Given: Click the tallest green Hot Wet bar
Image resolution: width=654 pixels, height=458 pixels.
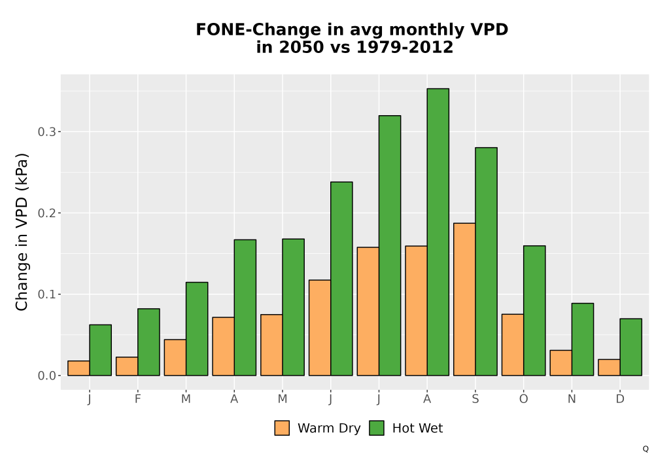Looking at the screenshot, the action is click(438, 232).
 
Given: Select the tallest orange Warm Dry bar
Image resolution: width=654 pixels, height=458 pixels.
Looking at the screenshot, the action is click(464, 299).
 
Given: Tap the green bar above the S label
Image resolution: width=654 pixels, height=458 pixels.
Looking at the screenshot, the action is click(487, 262).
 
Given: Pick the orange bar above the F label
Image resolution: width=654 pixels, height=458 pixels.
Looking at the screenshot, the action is click(127, 366).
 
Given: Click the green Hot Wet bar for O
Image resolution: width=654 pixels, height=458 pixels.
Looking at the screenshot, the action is click(534, 311).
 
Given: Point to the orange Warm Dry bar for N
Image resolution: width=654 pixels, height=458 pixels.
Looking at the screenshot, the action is click(560, 363).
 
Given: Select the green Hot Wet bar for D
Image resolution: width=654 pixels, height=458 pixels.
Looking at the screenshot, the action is click(630, 347).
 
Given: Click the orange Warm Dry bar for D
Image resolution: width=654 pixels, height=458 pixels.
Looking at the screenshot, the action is click(609, 368).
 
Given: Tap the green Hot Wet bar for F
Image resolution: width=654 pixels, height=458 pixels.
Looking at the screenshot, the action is click(148, 342).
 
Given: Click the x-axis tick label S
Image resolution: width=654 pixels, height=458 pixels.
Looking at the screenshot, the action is click(475, 399).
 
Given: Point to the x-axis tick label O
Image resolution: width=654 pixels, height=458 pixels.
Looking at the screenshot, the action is click(523, 399).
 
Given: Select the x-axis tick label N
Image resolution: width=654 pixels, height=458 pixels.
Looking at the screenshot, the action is click(572, 399).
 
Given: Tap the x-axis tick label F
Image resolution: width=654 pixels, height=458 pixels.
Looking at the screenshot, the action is click(137, 399).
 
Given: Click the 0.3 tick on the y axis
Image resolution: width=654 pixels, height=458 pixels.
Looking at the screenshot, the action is click(46, 132).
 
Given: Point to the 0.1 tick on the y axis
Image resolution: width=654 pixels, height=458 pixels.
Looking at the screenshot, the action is click(46, 294).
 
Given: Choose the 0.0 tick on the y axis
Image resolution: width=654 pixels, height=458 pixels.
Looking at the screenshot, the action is click(46, 376).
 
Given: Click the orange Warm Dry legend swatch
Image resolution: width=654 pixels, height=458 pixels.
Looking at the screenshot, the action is click(282, 428).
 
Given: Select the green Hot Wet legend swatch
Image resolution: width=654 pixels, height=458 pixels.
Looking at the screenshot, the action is click(377, 428).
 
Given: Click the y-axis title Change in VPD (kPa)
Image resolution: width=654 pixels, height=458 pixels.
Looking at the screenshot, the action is click(22, 232).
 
